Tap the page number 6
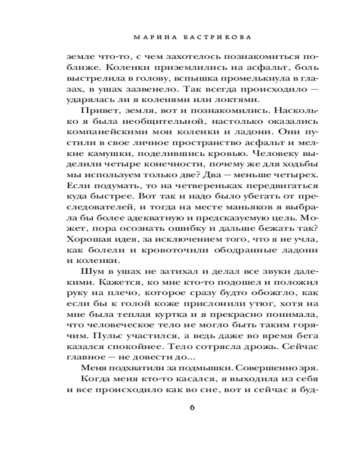pos(192,408)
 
